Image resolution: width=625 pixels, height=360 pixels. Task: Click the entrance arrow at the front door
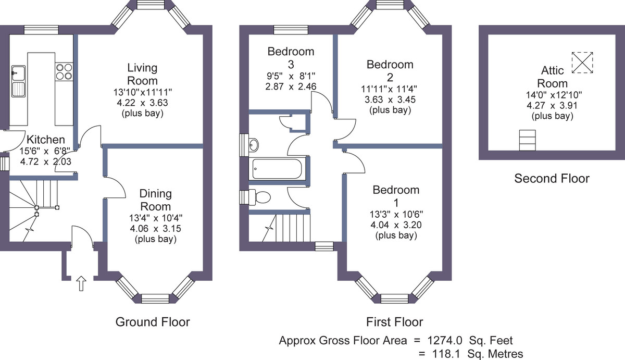[x=81, y=283]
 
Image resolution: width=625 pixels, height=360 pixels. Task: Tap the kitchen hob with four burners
[x=64, y=72]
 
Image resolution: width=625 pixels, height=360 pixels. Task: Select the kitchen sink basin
[x=18, y=81]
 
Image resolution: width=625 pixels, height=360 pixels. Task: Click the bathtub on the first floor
[x=277, y=169]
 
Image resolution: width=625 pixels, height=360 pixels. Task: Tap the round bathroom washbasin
[x=254, y=145]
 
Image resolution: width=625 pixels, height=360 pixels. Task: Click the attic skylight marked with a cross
[x=582, y=63]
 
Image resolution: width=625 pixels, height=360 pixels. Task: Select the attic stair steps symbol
[x=527, y=140]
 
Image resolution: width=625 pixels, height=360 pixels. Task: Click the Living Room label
[x=142, y=74]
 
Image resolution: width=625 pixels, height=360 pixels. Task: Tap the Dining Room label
[x=155, y=200]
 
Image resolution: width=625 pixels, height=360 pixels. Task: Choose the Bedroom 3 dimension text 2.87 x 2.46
[x=291, y=86]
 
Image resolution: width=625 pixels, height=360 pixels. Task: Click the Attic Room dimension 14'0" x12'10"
[x=554, y=95]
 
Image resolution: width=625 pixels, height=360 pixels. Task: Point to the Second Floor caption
[x=552, y=178]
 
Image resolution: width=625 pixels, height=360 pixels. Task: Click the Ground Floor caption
[x=153, y=322]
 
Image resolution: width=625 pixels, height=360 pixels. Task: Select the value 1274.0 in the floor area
[x=445, y=341]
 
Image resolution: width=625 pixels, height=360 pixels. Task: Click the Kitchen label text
[x=46, y=140]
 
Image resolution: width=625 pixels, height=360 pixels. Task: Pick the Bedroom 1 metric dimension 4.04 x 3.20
[x=396, y=225]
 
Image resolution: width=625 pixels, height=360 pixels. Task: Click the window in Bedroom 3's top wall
[x=291, y=30]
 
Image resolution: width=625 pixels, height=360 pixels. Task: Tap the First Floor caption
[x=395, y=322]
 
